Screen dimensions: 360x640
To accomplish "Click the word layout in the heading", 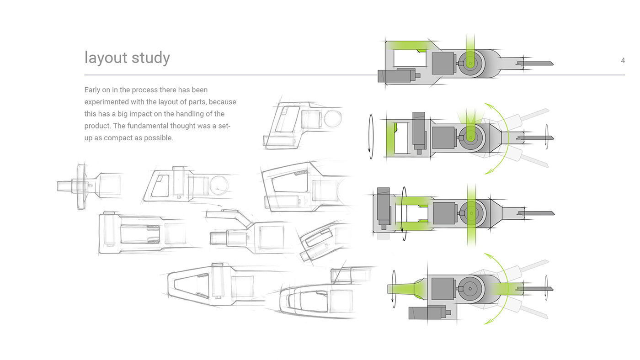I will [106, 58].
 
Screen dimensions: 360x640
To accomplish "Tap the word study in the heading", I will [150, 58].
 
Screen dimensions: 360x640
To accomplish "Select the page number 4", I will [623, 61].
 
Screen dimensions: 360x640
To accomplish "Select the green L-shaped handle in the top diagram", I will [407, 45].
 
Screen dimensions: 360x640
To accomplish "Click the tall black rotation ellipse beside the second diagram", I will [371, 137].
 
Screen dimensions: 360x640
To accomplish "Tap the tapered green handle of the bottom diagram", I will [405, 289].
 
